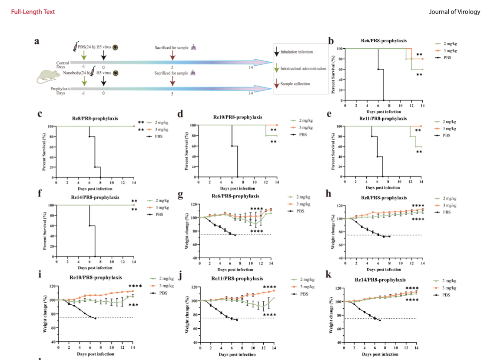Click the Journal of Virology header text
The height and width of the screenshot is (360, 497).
[454, 12]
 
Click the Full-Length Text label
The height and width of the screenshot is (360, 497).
[33, 12]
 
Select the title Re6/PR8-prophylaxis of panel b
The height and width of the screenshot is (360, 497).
[384, 41]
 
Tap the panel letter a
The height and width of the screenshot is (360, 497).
[37, 41]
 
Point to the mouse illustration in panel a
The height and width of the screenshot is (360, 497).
[48, 77]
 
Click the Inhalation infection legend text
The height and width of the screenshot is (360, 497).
[296, 52]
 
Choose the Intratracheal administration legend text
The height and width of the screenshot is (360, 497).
[303, 68]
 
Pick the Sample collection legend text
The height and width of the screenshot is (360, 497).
[295, 83]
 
